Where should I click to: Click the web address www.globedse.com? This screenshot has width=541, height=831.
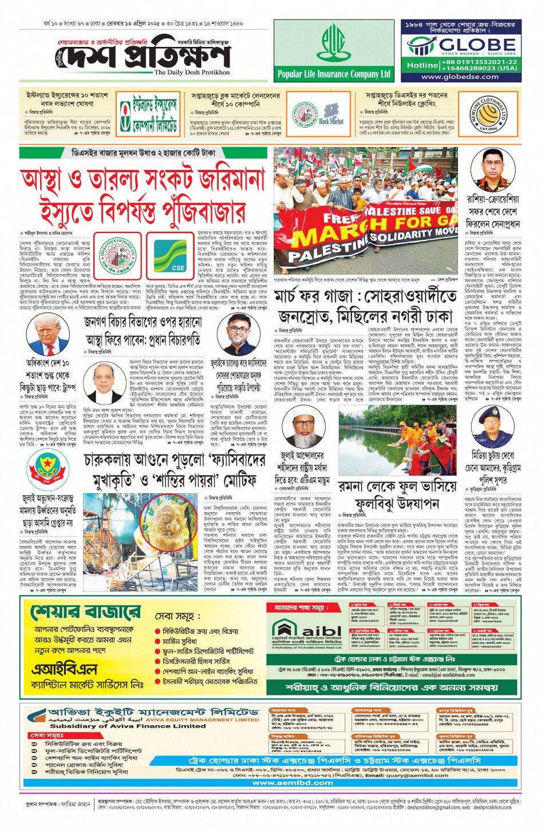point(460,77)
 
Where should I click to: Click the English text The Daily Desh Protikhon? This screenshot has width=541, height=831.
point(192,73)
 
